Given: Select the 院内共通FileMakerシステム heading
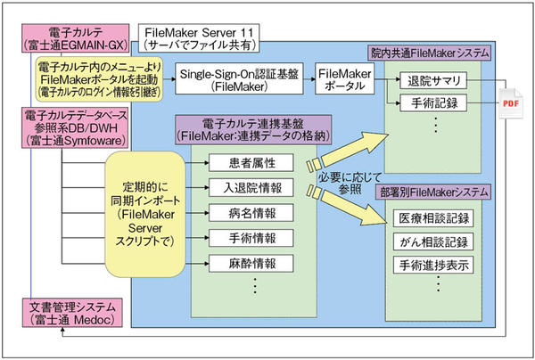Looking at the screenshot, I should click(x=434, y=54).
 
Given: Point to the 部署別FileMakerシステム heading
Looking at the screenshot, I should click(x=433, y=192).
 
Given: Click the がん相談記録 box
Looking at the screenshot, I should click(x=433, y=242).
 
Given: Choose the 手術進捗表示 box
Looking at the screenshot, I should click(x=433, y=265).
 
